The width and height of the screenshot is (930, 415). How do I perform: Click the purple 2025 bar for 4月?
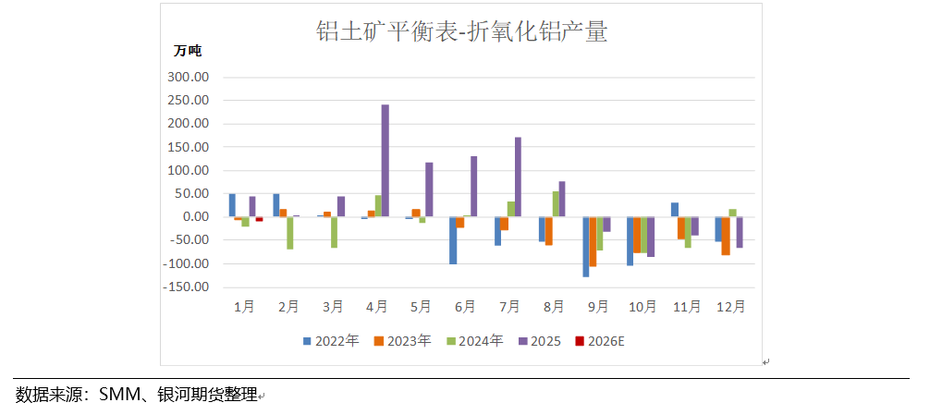coord(385,161)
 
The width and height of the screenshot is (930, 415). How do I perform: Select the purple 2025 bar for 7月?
coord(518,177)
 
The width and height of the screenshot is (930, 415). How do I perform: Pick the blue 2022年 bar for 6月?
coord(453,240)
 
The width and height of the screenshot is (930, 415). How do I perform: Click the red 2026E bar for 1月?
coord(260,219)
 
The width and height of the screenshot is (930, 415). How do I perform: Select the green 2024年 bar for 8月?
coord(556,204)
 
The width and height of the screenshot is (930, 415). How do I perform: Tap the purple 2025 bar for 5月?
coord(429,189)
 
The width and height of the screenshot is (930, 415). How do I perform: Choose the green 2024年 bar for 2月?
coord(289,233)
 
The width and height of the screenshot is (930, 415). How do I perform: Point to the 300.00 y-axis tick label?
coord(189,77)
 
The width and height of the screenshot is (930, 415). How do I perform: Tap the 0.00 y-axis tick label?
coord(196,217)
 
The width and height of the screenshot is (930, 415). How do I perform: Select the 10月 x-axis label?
coord(642,306)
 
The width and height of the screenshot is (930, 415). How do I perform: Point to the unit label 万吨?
coord(187,50)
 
